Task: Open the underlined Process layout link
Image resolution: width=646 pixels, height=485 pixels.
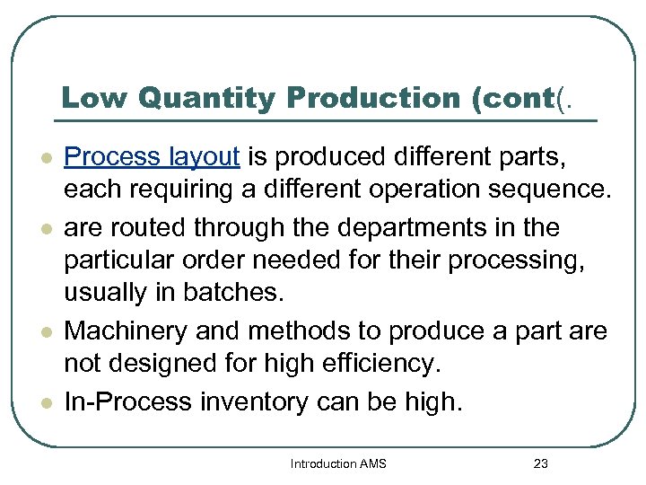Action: point(153,158)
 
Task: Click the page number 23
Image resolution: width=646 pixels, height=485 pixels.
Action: point(540,463)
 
